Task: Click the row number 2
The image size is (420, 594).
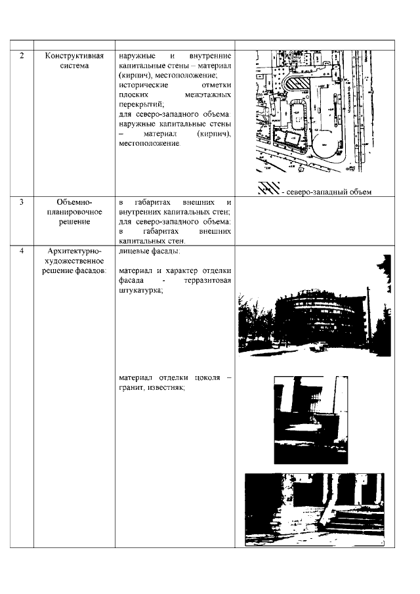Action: coord(22,56)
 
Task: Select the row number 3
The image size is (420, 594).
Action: coord(22,203)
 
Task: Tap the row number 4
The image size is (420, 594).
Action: coord(22,251)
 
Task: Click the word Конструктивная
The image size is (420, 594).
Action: coord(75,56)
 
